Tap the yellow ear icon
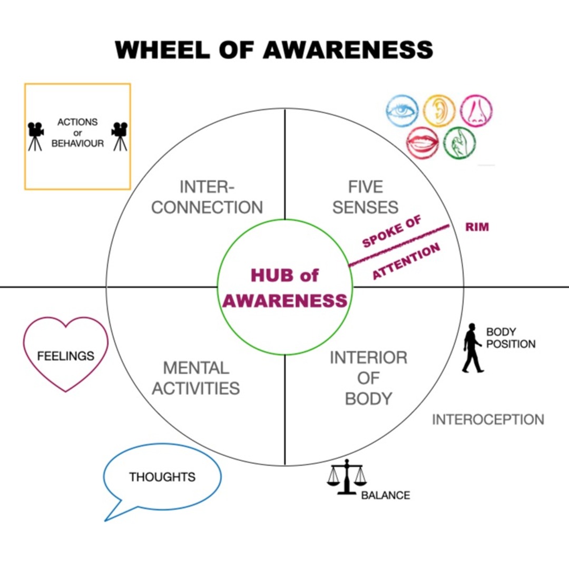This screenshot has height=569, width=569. coord(439,111)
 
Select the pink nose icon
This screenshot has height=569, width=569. coord(477,111)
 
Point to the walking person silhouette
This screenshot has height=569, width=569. coord(472,348)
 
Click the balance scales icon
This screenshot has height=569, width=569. coord(346,477)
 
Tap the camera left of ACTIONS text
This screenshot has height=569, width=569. coord(35,136)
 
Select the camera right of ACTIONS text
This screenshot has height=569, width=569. coord(120,136)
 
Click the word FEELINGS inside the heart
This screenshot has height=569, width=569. coord(65,356)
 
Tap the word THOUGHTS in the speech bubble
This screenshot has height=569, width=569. coord(162,477)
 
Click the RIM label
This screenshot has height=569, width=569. coord(477,227)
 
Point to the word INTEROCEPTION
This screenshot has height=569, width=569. coord(488,420)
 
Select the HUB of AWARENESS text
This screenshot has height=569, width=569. coord(284,288)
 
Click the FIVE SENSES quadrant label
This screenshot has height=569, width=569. coord(365,197)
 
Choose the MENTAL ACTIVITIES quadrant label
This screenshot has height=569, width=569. coord(195,378)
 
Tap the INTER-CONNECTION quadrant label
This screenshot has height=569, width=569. coord(207,197)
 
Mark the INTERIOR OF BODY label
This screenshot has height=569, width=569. coord(368,378)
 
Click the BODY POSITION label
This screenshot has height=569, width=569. coord(510,338)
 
